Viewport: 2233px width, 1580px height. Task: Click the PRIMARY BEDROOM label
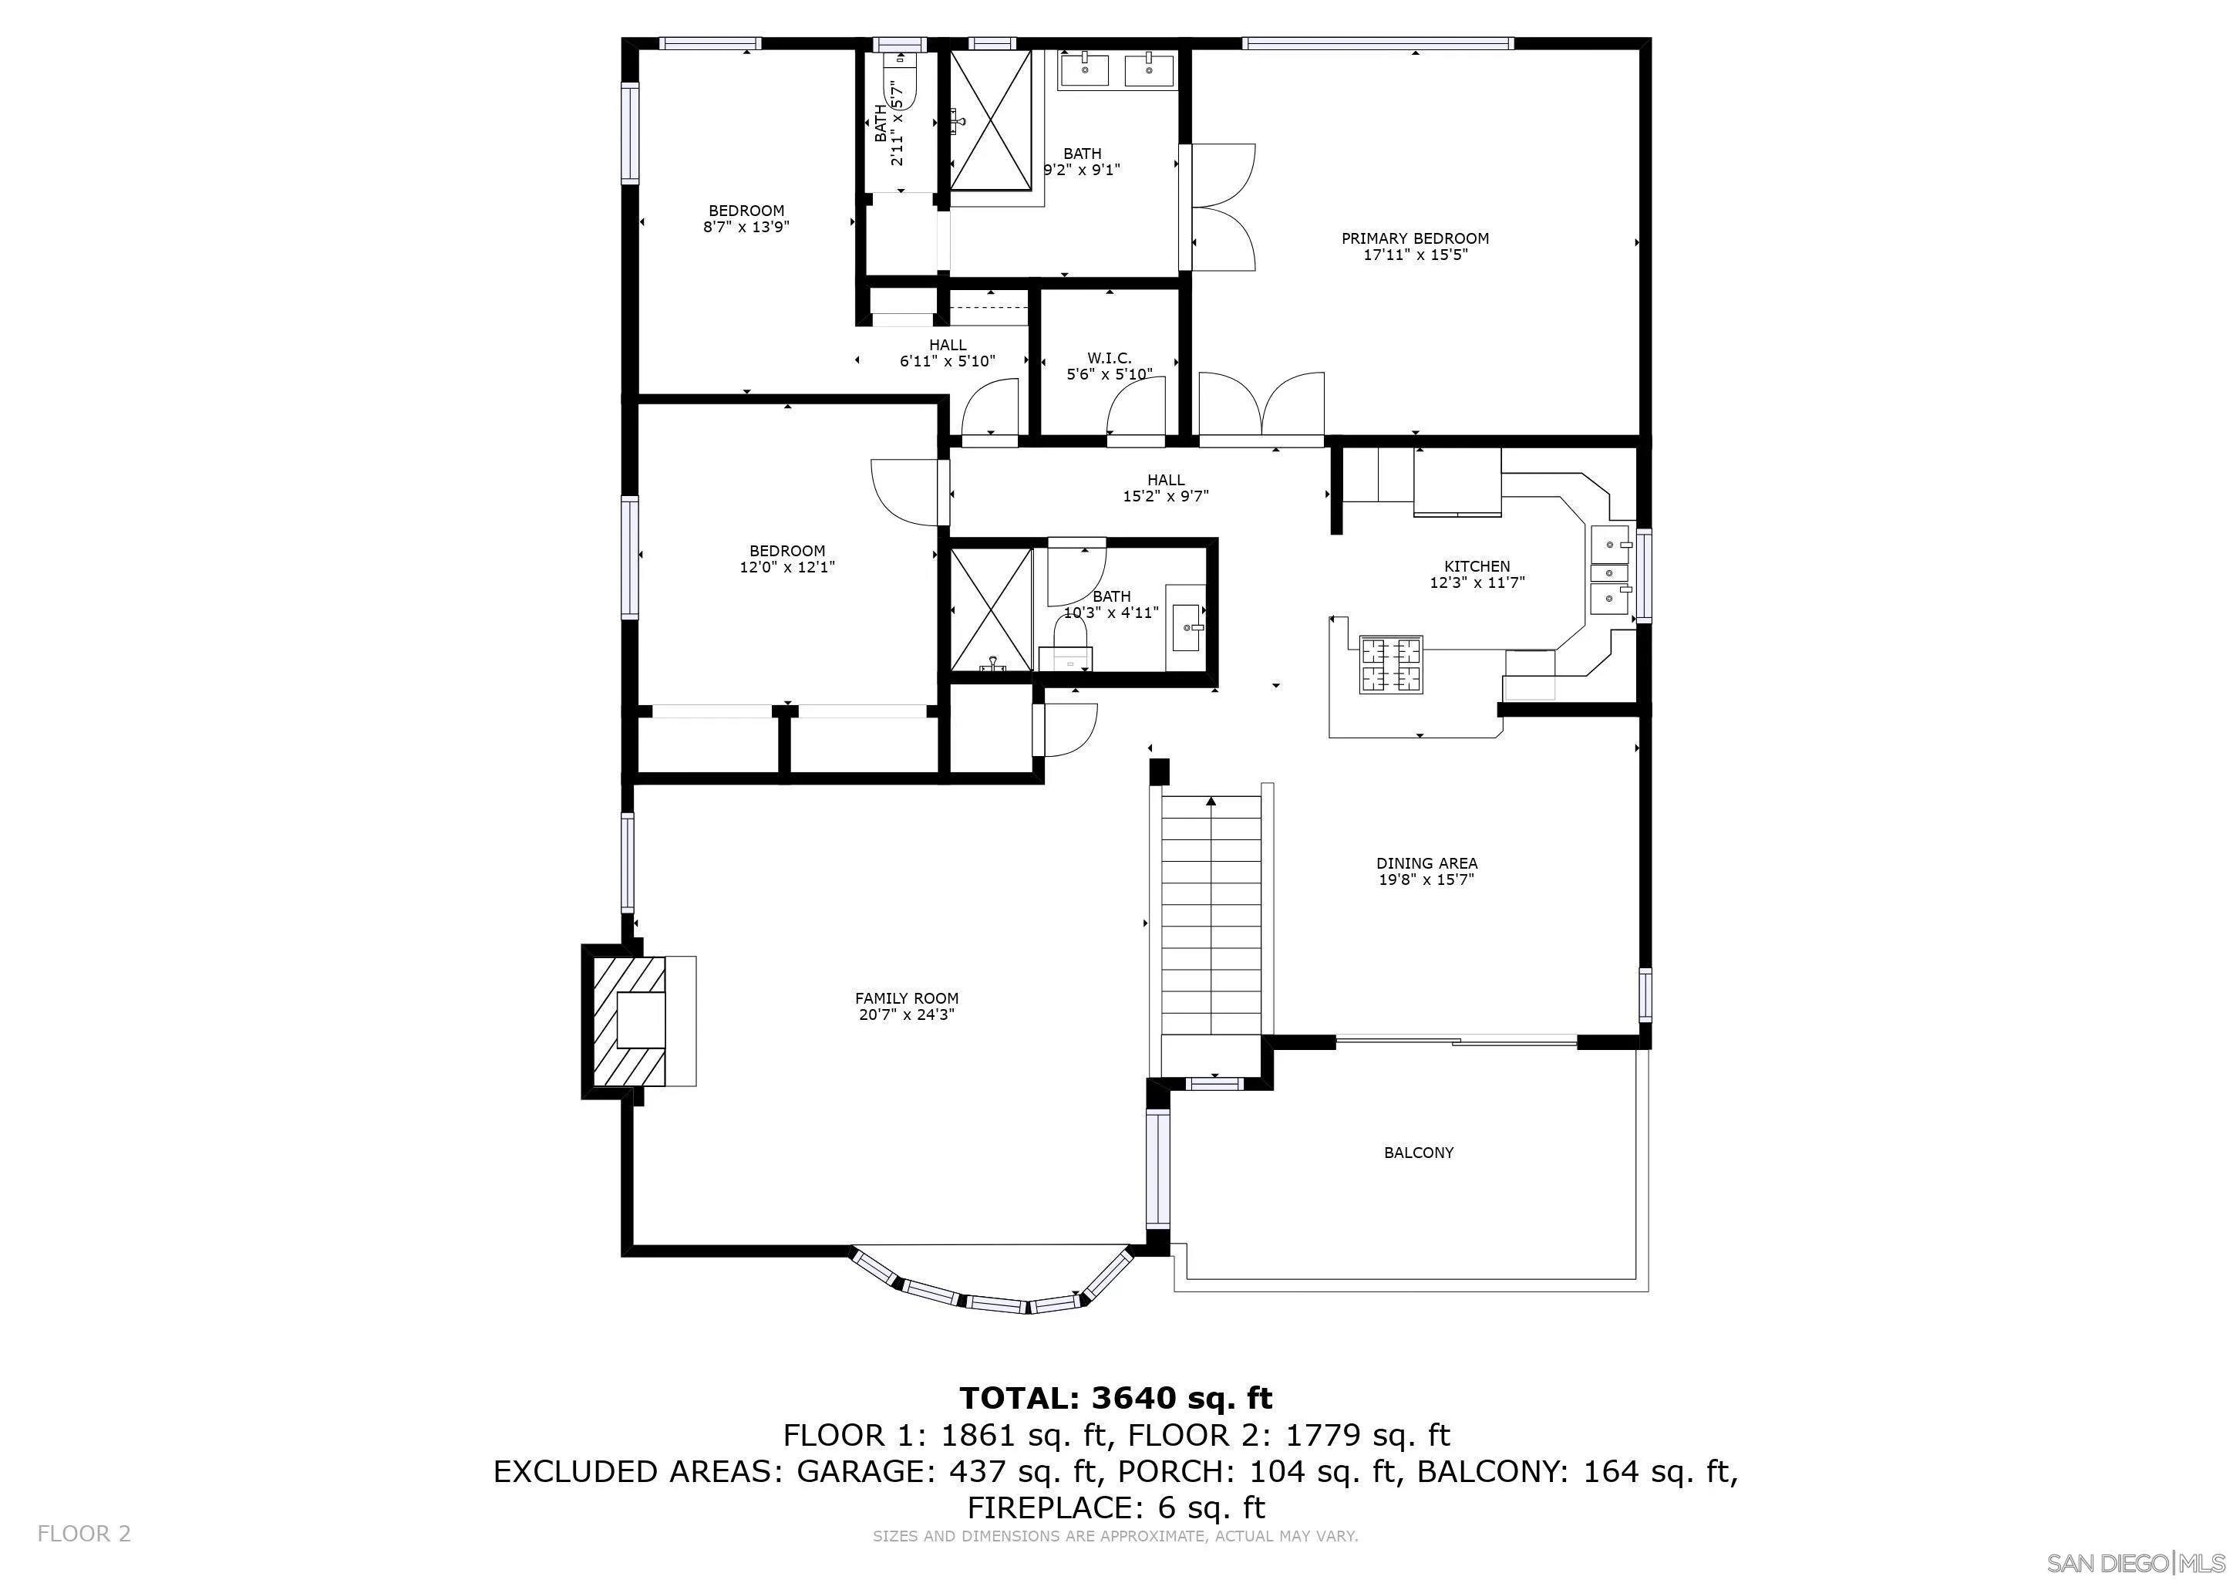[1414, 238]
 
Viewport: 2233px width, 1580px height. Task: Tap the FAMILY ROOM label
[907, 998]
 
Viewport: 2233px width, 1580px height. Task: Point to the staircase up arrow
[1211, 802]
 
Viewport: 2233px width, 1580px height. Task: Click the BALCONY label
[1418, 1153]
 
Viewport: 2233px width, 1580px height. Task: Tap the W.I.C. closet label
[1109, 358]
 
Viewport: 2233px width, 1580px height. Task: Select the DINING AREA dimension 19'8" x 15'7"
[1426, 880]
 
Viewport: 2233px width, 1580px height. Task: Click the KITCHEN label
[1477, 566]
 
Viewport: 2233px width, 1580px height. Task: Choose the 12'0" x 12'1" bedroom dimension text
[786, 567]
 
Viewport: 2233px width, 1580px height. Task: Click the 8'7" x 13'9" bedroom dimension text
[746, 228]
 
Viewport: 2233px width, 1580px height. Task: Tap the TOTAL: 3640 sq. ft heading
[1116, 1398]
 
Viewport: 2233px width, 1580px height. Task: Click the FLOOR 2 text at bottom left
[83, 1534]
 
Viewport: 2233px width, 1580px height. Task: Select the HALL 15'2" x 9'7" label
[1165, 488]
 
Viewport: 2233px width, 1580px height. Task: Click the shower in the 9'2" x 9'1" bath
[990, 120]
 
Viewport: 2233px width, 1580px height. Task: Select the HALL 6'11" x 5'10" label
[948, 353]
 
